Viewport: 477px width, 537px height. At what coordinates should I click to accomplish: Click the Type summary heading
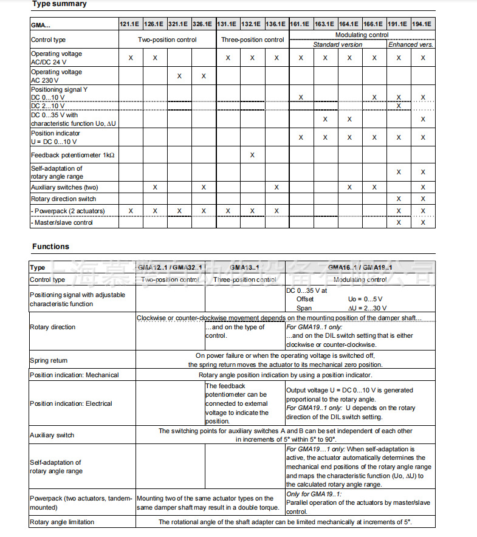pos(59,4)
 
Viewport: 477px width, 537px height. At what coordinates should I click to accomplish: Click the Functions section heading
pos(50,247)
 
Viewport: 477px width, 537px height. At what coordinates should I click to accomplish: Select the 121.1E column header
pos(130,24)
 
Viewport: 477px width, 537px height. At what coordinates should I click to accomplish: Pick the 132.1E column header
pos(252,24)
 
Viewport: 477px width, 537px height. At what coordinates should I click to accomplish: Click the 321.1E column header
pos(179,24)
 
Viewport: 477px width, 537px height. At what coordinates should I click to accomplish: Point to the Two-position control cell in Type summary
pos(167,40)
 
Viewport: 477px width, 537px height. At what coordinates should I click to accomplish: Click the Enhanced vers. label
pos(411,44)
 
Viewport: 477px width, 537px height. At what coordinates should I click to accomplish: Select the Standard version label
pos(337,44)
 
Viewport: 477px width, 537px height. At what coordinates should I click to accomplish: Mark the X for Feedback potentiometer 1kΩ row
pos(252,156)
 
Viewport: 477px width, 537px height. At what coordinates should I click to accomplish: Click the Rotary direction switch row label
pos(63,199)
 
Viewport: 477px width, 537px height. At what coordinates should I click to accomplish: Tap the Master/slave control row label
pos(62,222)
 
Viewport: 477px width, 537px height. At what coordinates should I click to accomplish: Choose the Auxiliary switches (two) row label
pos(64,188)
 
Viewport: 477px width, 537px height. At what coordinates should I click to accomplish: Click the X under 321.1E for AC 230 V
pos(179,77)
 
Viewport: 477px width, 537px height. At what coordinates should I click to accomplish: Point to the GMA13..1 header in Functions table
pos(245,267)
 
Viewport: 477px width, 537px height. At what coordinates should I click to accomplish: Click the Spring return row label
pos(49,361)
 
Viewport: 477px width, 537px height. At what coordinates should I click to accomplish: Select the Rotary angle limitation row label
pos(62,522)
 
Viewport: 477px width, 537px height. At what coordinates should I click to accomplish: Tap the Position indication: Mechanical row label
pos(74,375)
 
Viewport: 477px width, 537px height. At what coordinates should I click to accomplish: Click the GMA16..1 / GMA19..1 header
pos(360,267)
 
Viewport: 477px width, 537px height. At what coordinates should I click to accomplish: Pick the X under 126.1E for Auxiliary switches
pos(155,188)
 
